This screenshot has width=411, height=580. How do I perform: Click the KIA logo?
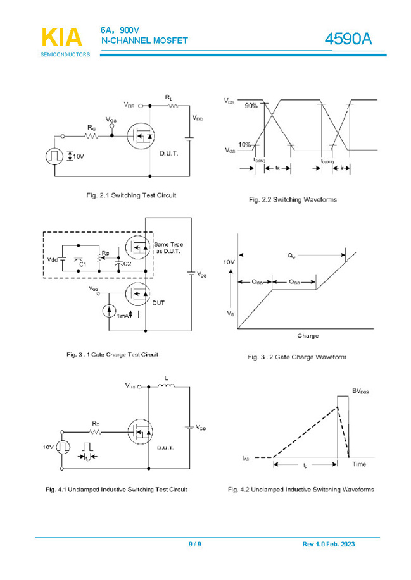[61, 37]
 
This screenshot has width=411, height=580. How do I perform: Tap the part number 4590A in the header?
[348, 39]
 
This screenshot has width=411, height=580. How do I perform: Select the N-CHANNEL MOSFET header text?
[144, 41]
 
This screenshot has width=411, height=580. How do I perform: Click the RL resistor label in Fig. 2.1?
[169, 97]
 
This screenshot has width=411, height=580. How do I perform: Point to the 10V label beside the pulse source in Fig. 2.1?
[79, 156]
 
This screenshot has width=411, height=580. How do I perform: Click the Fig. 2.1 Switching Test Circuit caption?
[131, 195]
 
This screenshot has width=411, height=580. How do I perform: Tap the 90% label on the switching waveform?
[251, 106]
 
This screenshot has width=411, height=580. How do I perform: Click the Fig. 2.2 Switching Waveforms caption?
[293, 200]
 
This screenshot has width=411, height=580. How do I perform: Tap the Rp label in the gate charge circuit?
[105, 253]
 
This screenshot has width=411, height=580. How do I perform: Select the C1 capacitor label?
[82, 263]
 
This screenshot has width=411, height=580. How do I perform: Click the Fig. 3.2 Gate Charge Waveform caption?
[296, 357]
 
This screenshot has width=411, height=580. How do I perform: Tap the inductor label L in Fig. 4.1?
[166, 378]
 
